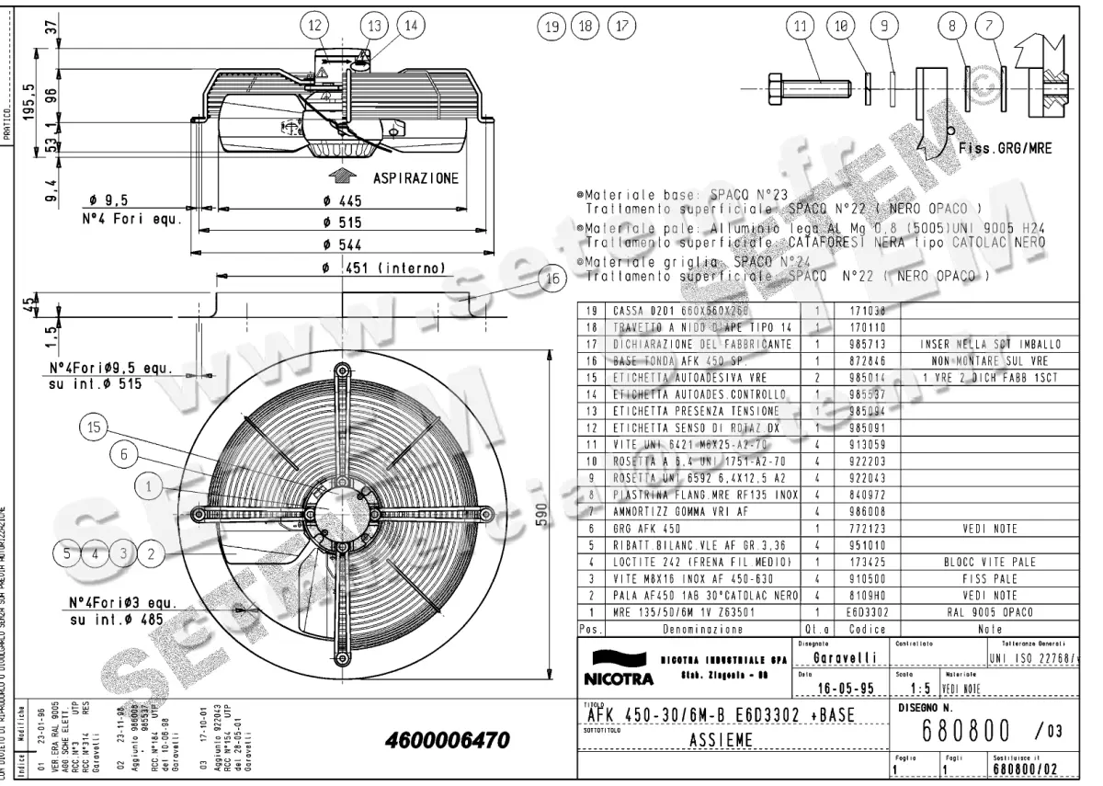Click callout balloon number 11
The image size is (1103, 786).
click(x=801, y=26)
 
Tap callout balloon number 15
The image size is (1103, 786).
click(x=93, y=427)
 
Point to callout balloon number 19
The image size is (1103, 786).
click(x=551, y=26)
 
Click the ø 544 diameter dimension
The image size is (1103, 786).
click(x=349, y=245)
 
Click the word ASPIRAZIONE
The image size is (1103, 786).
click(x=415, y=177)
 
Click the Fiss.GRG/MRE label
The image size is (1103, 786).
click(x=1005, y=146)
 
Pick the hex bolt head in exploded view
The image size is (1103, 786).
click(x=774, y=87)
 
